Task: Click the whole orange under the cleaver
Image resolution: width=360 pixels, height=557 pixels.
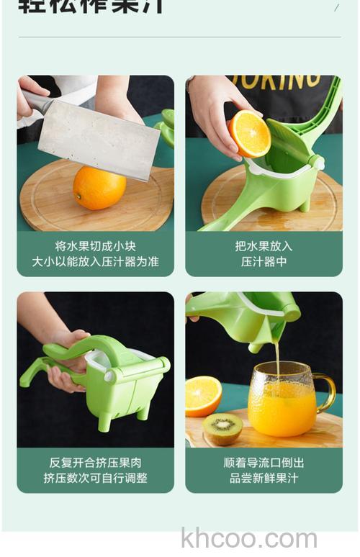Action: [x=99, y=188]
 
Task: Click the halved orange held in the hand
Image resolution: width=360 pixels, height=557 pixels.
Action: [x=249, y=133]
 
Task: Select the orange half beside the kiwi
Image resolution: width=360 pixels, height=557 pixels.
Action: [x=203, y=396]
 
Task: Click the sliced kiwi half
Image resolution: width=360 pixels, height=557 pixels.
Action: [x=222, y=428]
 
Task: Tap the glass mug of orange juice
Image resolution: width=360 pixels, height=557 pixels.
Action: [x=285, y=399]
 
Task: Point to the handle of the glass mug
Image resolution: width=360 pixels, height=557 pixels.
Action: [x=326, y=392]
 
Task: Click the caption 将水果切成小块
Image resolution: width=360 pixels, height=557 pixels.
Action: [x=95, y=245]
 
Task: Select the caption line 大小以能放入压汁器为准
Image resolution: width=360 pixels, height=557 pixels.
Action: [x=95, y=261]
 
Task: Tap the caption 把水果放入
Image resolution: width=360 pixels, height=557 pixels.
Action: [x=264, y=245]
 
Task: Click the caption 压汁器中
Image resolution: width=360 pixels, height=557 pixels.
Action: [x=264, y=261]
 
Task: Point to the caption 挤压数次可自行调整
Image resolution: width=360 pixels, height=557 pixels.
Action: [x=95, y=478]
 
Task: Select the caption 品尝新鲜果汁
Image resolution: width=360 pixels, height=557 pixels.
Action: [x=264, y=478]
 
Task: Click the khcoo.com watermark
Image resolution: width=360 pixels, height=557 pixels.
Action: [x=249, y=538]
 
